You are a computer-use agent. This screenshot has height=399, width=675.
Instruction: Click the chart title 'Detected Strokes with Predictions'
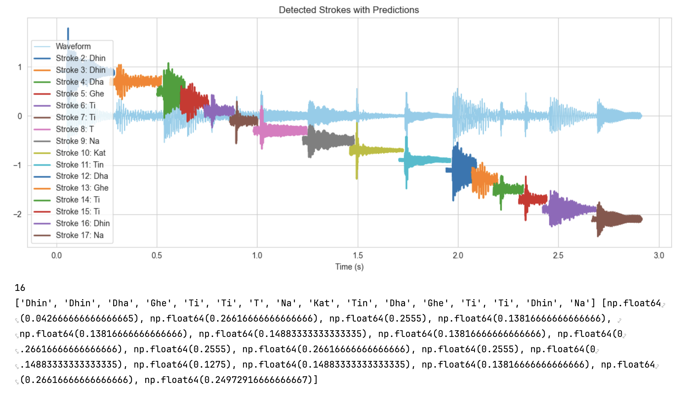(349, 10)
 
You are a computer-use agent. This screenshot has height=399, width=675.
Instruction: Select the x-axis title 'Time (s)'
(349, 267)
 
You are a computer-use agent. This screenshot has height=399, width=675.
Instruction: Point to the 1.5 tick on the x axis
(358, 256)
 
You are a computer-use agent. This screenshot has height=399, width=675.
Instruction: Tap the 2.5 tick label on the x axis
(558, 256)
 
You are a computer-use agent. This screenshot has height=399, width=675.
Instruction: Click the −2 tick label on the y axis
(18, 214)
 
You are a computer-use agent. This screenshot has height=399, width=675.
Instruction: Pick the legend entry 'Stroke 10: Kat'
(80, 153)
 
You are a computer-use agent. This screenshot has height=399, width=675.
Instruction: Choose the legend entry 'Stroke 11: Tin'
(79, 165)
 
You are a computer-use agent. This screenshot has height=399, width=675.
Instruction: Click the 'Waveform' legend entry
(73, 46)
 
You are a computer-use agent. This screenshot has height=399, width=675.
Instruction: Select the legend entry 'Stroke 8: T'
(75, 129)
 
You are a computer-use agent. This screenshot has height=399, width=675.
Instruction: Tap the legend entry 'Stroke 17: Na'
(79, 235)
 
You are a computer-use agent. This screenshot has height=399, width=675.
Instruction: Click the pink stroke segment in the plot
(282, 131)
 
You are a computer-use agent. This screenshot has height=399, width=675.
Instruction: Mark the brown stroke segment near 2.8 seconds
(620, 219)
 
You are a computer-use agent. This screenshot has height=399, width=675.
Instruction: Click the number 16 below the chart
(20, 288)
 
